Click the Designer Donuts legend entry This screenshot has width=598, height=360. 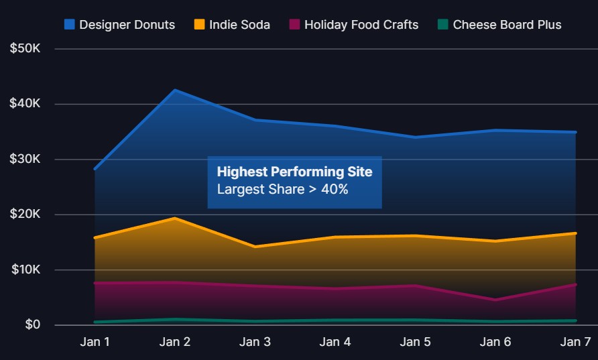click(x=120, y=25)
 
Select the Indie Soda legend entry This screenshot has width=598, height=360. click(x=232, y=25)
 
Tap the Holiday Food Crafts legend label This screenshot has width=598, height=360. click(x=361, y=25)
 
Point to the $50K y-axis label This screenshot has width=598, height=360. click(x=25, y=48)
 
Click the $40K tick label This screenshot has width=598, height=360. click(x=25, y=103)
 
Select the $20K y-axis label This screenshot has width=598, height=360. click(x=25, y=214)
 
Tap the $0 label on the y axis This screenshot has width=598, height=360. click(x=32, y=324)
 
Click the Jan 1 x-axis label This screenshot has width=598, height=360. click(x=95, y=342)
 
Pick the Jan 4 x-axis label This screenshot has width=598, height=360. click(x=335, y=342)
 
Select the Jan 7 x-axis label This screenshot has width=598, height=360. click(x=575, y=342)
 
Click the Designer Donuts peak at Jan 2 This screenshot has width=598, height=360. click(x=175, y=91)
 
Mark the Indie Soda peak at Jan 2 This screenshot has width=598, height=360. click(x=175, y=218)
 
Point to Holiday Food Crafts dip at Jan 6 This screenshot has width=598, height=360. click(x=495, y=300)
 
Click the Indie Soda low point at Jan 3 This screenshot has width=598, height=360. click(x=255, y=247)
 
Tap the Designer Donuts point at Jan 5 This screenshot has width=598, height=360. click(x=416, y=137)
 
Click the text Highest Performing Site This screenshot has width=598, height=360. click(x=294, y=172)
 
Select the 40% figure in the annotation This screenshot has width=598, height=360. click(x=335, y=189)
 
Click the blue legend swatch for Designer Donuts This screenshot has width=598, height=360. click(x=70, y=24)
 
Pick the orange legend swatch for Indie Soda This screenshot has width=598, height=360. click(x=200, y=24)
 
